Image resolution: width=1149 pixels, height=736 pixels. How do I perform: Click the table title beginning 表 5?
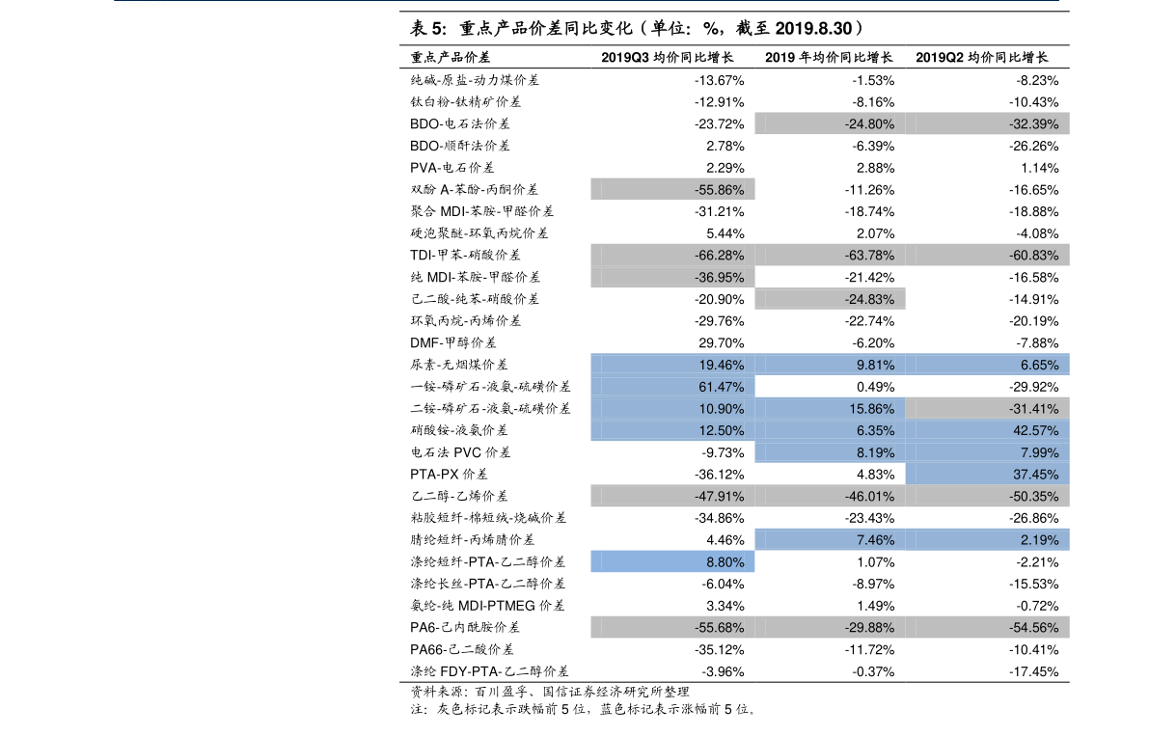[637, 29]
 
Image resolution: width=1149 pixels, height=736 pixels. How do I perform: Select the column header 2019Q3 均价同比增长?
[667, 57]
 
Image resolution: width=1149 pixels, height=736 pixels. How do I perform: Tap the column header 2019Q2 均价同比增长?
[981, 57]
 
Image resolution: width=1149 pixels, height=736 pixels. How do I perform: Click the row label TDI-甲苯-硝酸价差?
[465, 255]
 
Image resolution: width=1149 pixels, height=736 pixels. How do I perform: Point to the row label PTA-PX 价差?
[449, 475]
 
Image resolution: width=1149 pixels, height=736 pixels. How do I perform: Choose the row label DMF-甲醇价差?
[452, 342]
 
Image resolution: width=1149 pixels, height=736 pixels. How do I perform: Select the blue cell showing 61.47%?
[672, 387]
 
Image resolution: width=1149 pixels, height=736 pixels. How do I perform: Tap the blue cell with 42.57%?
[987, 430]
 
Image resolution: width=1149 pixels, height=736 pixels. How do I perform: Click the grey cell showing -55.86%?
[672, 190]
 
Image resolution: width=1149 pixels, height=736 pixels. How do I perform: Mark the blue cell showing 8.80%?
[672, 561]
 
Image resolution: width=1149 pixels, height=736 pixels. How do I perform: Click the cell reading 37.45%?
[987, 475]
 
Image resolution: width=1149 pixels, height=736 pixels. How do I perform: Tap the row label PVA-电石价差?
[452, 168]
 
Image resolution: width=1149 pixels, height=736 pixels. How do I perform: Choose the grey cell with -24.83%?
[831, 300]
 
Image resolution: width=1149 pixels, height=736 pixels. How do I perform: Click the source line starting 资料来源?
[550, 692]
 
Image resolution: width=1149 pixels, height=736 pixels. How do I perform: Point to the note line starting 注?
[584, 709]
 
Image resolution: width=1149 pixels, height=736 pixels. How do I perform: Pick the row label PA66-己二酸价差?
[462, 649]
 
